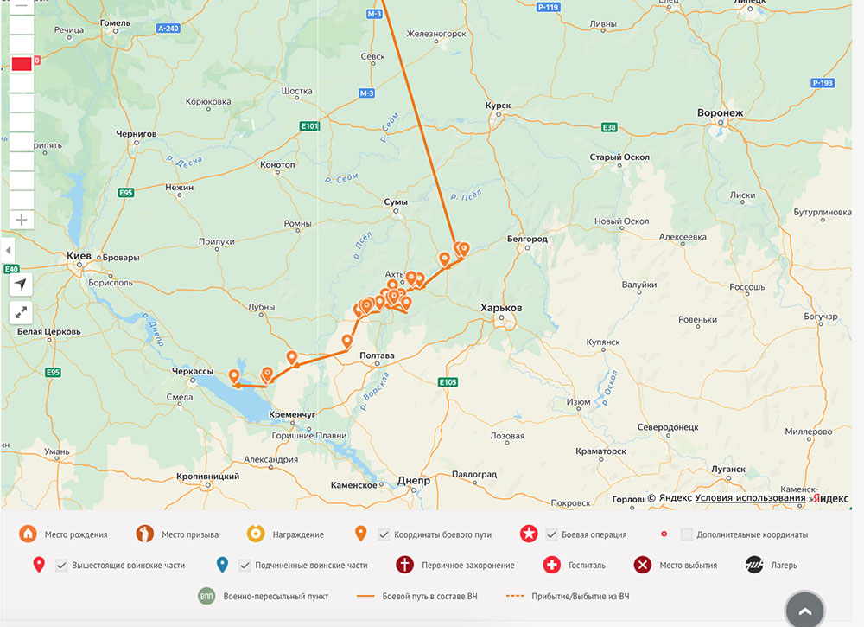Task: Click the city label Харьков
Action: click(x=502, y=308)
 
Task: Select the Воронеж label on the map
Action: click(x=720, y=113)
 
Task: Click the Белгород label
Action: click(x=527, y=239)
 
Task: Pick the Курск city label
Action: click(x=499, y=106)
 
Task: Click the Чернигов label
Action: click(x=137, y=134)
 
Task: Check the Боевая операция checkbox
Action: click(x=551, y=534)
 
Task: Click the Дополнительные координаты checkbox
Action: click(x=686, y=534)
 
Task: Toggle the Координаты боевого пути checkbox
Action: click(x=384, y=534)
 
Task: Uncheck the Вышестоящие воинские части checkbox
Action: click(x=61, y=566)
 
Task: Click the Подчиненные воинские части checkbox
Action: click(x=245, y=566)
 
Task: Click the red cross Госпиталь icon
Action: click(x=551, y=566)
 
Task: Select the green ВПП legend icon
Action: click(x=206, y=596)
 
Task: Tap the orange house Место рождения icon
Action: click(x=28, y=534)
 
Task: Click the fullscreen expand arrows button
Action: click(x=21, y=312)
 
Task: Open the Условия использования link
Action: click(x=750, y=497)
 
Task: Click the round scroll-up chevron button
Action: click(x=805, y=611)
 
